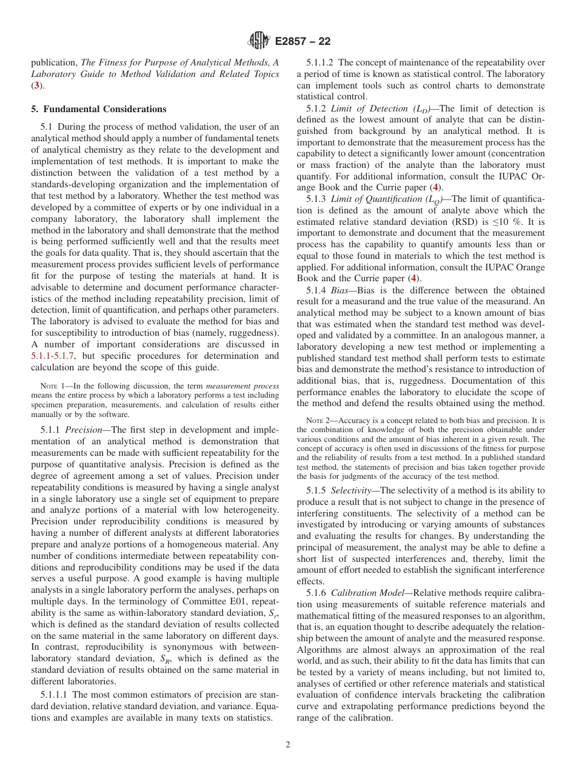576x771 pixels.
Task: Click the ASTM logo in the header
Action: pos(258,41)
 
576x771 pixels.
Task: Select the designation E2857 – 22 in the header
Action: pos(303,42)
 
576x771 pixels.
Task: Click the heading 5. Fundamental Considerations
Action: pos(98,109)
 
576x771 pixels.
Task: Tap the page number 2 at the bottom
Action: pos(287,745)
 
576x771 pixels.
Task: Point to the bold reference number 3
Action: pos(37,85)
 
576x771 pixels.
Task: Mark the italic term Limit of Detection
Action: pos(369,108)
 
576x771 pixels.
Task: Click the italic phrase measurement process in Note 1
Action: pos(243,386)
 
